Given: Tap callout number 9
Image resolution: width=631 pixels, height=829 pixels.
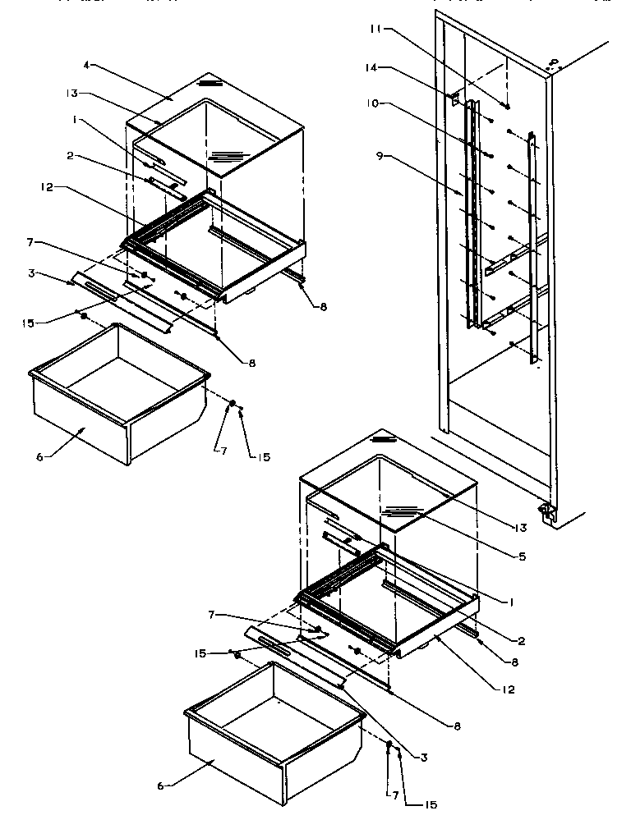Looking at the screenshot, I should pos(379,155).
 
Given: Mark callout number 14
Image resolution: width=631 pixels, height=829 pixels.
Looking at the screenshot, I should pos(372,68).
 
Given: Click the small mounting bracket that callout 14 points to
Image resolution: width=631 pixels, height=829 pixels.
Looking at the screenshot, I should pos(453,97).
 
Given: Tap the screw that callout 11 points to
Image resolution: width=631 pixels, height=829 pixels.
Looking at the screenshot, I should pos(508,106).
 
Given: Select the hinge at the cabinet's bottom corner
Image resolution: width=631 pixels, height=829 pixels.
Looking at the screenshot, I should pos(545,512).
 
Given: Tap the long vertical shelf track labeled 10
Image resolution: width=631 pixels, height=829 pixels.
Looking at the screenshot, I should pos(471,213).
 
